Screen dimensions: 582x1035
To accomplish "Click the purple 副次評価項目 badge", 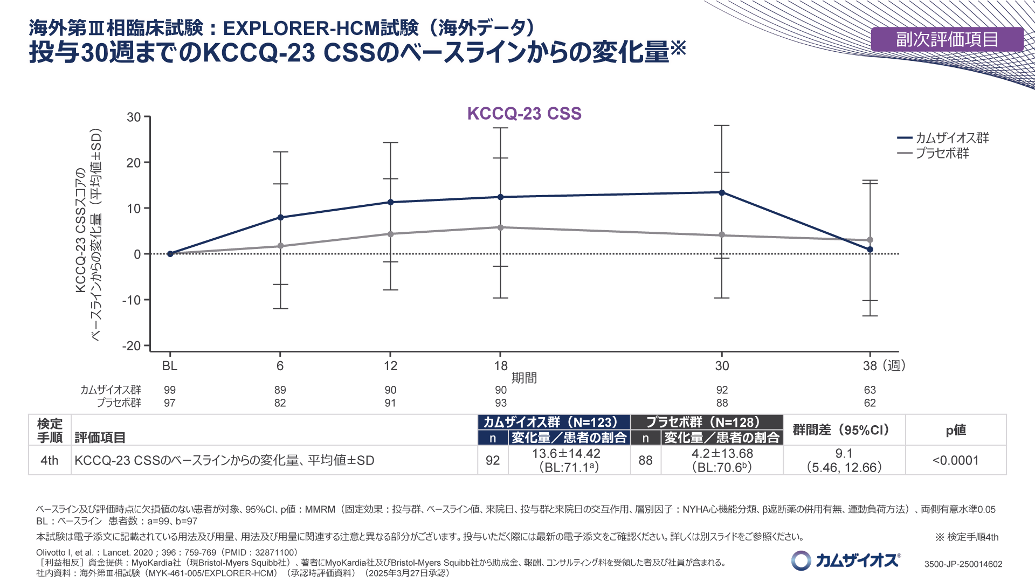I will (x=947, y=39).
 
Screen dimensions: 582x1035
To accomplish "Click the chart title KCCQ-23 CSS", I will (x=524, y=114).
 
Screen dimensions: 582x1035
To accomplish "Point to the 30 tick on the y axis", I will (x=134, y=117).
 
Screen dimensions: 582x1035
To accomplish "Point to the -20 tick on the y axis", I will (x=132, y=346).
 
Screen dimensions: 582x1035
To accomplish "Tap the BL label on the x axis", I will (x=170, y=366).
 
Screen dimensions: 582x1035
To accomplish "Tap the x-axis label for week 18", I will (x=501, y=366).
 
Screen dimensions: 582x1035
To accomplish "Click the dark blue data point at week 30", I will (x=722, y=192).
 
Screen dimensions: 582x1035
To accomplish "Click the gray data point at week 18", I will (x=501, y=227).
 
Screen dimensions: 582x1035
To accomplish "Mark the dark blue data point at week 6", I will (x=280, y=217).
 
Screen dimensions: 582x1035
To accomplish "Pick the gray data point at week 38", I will (x=870, y=240).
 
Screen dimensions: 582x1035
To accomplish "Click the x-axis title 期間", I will (x=524, y=378).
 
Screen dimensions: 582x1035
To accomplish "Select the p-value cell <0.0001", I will (x=955, y=460).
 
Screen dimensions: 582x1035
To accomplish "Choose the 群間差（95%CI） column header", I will (x=844, y=430).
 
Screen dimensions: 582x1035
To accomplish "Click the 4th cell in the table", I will (x=50, y=460).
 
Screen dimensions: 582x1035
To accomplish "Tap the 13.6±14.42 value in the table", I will (x=566, y=454).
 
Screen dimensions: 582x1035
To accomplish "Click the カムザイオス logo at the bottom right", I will (x=846, y=560).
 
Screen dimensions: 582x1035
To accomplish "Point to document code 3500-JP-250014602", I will (x=963, y=564).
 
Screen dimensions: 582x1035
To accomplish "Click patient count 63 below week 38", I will (x=870, y=390).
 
